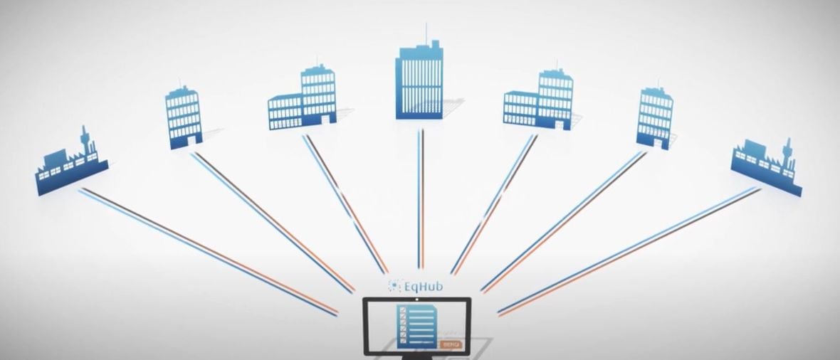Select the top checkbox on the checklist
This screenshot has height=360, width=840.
(x=402, y=310)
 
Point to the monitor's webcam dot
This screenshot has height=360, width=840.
(x=416, y=300)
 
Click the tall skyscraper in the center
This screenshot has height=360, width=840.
(x=419, y=82)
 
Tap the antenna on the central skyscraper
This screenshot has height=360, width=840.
(x=427, y=33)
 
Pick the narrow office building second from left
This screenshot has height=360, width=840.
(x=184, y=117)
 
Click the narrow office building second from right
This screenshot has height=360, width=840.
(x=655, y=117)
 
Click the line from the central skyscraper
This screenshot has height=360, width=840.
(x=421, y=199)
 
